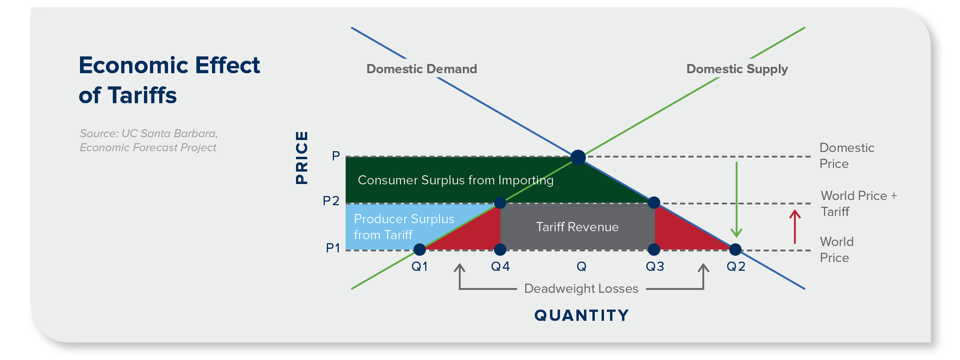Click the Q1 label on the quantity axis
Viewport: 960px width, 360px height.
tap(420, 266)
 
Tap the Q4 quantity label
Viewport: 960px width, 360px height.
tap(500, 266)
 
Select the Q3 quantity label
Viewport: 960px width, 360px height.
tap(655, 266)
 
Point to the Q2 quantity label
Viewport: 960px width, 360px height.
tap(736, 266)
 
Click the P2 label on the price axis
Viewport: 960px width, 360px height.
tap(331, 201)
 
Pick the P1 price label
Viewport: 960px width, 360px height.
tap(333, 248)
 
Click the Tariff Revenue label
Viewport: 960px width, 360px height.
tap(577, 227)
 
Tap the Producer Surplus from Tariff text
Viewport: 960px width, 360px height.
tap(404, 227)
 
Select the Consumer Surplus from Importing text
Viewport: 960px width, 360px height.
tap(456, 180)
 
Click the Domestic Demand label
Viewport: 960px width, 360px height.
tap(422, 69)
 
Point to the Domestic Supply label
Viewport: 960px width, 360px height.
tap(737, 69)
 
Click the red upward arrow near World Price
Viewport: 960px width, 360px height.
tap(795, 226)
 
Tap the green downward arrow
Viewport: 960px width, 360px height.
tap(736, 200)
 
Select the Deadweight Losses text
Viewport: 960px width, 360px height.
tap(581, 288)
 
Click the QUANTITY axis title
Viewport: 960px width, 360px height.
tap(582, 315)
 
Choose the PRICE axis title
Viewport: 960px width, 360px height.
tap(302, 158)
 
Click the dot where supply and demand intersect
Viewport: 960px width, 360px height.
tap(578, 157)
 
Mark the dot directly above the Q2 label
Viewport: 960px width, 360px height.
tap(735, 250)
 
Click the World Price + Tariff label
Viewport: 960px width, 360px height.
tap(858, 204)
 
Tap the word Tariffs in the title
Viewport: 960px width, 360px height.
tap(142, 96)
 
